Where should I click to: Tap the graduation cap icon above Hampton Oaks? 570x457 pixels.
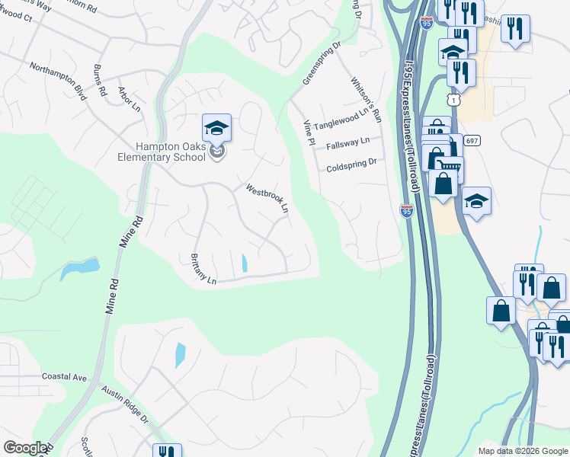(x=216, y=128)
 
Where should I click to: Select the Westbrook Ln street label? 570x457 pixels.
(x=267, y=198)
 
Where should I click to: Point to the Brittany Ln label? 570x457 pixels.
(x=204, y=269)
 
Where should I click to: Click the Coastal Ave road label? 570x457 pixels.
(x=65, y=377)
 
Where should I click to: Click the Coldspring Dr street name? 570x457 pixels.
(x=352, y=165)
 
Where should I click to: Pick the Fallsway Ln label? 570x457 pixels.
(x=347, y=143)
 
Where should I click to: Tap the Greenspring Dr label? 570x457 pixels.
(x=321, y=64)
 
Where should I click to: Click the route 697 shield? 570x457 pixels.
(x=472, y=140)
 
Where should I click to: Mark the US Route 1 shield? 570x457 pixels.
(x=454, y=100)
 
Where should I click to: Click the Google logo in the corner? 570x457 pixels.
(x=24, y=448)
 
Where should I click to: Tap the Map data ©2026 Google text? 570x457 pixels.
(x=523, y=451)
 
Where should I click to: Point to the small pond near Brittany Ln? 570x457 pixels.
(x=244, y=264)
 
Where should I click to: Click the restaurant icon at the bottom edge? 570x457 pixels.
(x=167, y=451)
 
